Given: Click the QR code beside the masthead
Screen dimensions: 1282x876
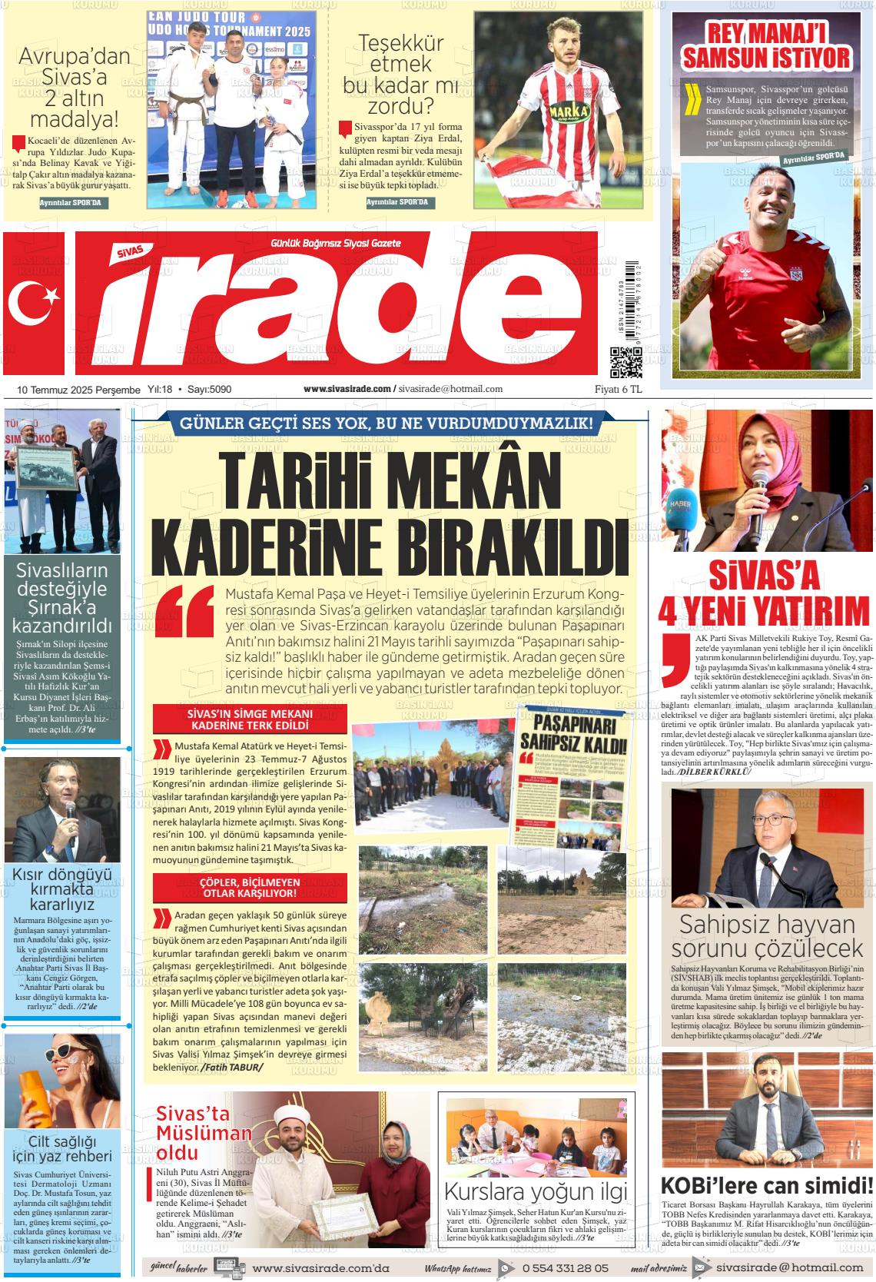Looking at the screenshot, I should point(625,363).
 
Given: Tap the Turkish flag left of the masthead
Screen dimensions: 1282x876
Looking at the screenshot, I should point(38,304).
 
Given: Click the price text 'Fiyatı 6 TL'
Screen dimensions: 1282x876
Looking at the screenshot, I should point(619,389).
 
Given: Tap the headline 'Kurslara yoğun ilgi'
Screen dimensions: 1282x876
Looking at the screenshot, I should point(536,1192).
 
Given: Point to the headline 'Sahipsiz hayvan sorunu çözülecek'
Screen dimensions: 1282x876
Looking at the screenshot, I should point(767,936).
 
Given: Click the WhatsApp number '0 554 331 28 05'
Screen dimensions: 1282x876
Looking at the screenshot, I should point(565,1268).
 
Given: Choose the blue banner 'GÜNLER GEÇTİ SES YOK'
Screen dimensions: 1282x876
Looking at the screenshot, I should point(386,423).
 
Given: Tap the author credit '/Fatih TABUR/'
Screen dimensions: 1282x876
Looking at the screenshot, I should point(231,1068).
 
